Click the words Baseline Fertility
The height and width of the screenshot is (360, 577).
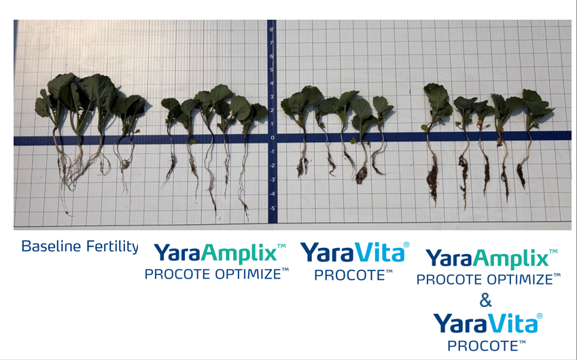click(x=80, y=247)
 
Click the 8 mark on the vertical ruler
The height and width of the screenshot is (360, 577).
click(x=271, y=30)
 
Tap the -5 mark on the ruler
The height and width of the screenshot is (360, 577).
click(x=272, y=208)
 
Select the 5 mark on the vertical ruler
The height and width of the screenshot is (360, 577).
click(x=271, y=70)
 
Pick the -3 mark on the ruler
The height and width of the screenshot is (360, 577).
click(x=272, y=180)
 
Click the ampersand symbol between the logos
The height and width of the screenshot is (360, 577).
click(x=485, y=300)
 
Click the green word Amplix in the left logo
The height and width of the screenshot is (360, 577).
click(x=240, y=253)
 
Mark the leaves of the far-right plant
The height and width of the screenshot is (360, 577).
click(x=536, y=105)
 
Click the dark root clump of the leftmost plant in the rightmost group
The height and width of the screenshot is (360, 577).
click(x=432, y=180)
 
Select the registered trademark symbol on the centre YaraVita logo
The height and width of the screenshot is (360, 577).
click(x=406, y=244)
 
